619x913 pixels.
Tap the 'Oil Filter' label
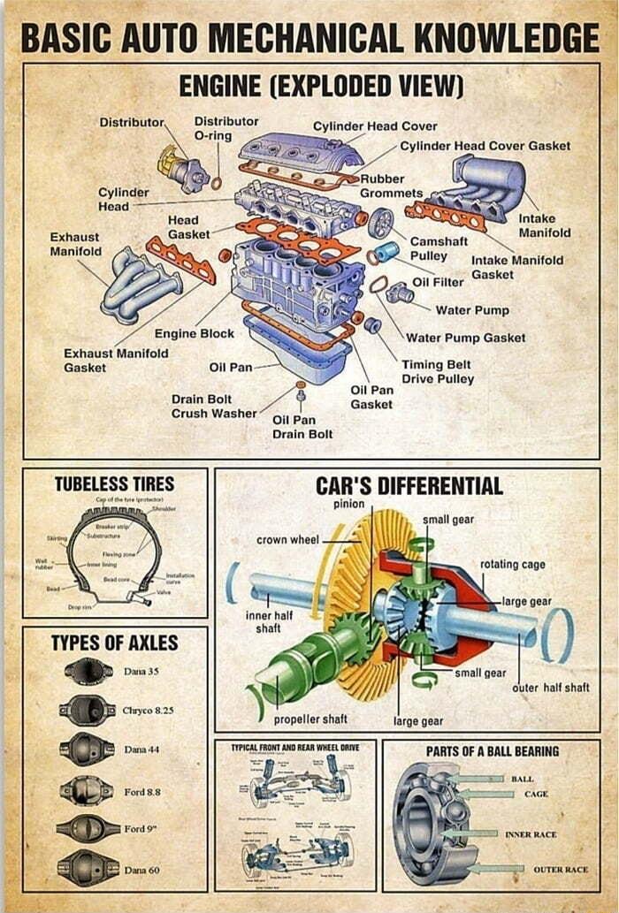439,281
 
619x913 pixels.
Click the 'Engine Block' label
194,333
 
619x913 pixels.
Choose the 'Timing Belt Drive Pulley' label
438,371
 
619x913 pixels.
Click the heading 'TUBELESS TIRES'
114,483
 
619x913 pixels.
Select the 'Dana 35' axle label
141,672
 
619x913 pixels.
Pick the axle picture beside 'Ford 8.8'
87,790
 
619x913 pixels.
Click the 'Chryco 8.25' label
148,710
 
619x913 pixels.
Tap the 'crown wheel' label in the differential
287,539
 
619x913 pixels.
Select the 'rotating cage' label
513,564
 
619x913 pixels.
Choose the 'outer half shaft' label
550,687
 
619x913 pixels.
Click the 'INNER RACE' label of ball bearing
531,833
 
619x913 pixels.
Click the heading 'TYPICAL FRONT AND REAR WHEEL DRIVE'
295,748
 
